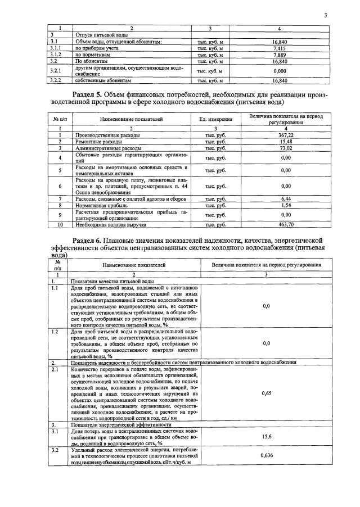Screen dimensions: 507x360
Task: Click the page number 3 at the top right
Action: tap(325, 16)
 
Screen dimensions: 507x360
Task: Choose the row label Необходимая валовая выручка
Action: tap(110, 224)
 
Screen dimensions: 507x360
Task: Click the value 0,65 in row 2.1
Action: tap(267, 394)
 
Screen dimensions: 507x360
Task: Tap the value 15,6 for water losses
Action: tap(267, 437)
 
